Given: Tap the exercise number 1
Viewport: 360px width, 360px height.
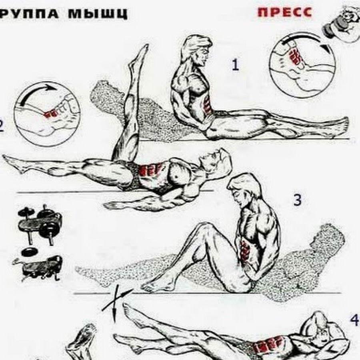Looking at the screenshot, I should (x=236, y=64).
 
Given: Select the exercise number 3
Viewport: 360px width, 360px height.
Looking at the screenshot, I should (x=297, y=200).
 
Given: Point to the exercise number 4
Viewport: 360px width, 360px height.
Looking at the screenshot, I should (x=354, y=320).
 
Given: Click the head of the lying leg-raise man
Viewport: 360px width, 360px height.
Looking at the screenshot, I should (x=218, y=158).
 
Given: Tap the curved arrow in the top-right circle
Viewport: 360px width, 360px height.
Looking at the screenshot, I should (x=304, y=40).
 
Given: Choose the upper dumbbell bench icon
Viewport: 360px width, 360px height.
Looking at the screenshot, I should (x=40, y=222).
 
